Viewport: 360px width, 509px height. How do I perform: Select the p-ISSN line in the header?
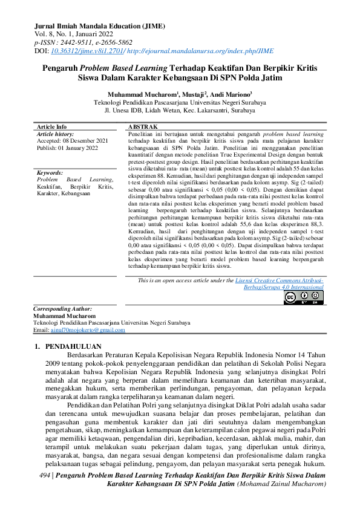[x=84, y=43]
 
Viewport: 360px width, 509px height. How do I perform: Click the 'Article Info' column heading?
[x=52, y=126]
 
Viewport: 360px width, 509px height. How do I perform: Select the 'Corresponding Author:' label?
[x=62, y=308]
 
